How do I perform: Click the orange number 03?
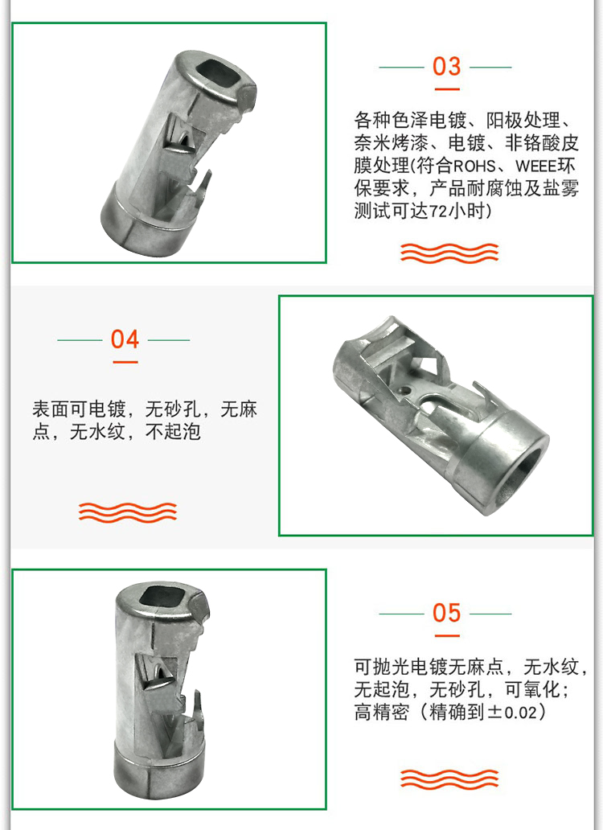point(446,67)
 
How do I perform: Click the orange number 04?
point(125,339)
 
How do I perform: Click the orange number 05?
point(446,613)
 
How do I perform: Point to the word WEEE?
point(535,166)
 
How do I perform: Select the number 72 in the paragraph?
point(437,212)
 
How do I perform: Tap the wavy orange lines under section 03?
point(449,253)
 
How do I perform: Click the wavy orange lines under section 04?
point(128,512)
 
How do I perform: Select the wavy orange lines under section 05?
point(449,779)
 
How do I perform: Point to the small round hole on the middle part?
point(406,391)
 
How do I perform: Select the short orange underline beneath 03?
point(446,89)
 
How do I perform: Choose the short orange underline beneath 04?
point(125,362)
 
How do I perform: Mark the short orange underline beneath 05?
point(446,635)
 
